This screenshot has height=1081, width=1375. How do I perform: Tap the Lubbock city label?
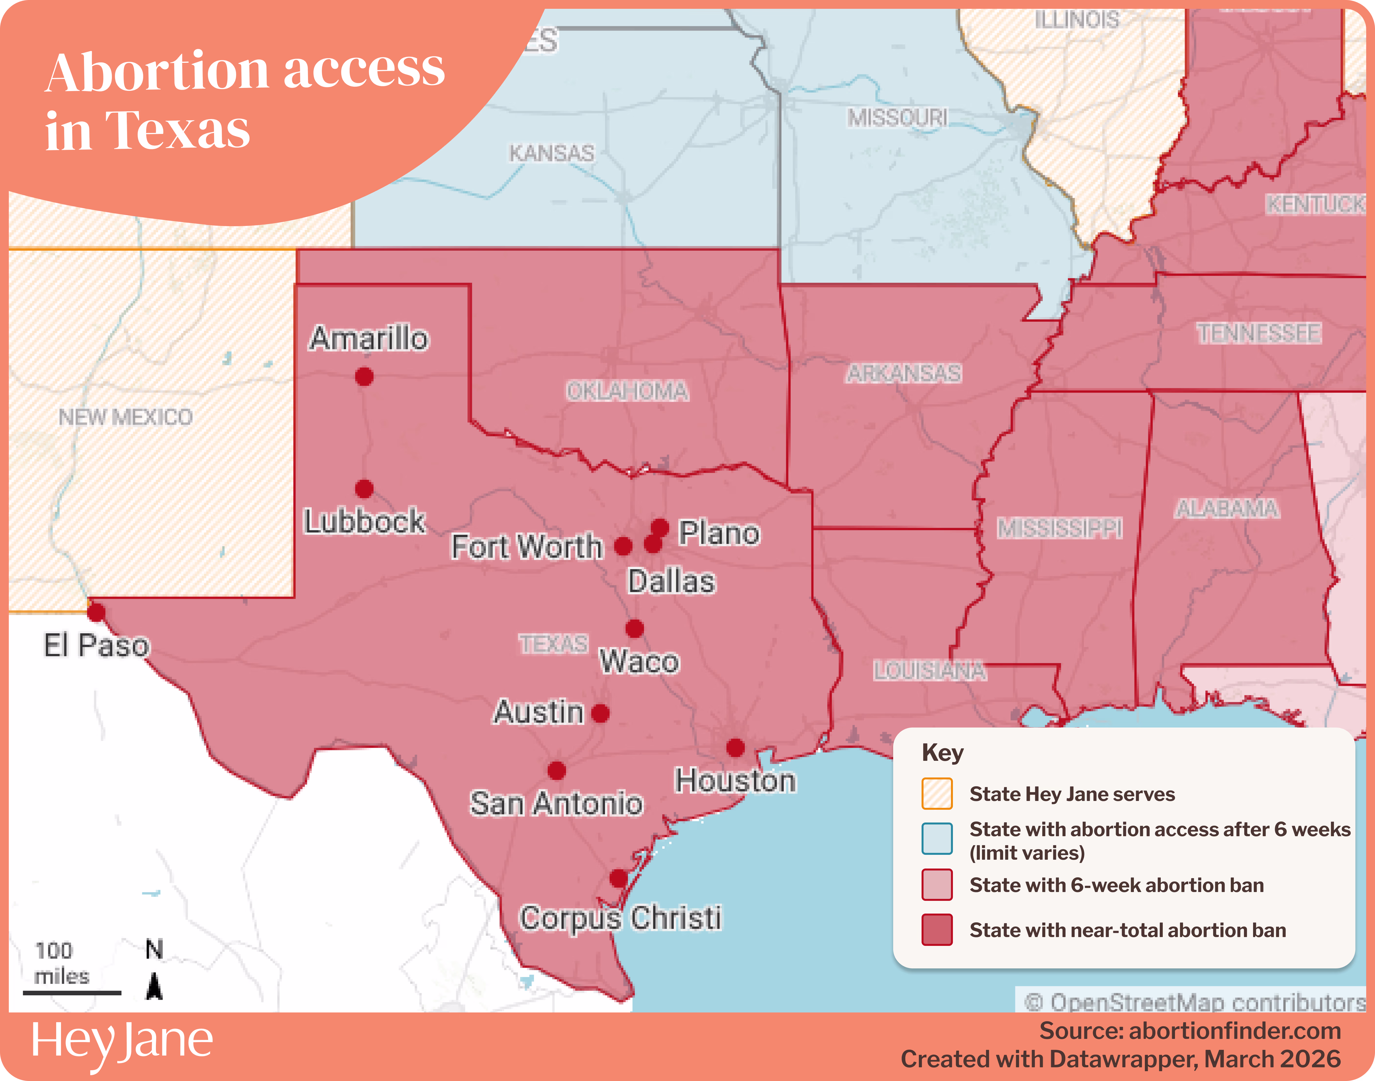tap(365, 521)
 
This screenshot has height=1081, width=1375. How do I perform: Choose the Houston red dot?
tap(735, 748)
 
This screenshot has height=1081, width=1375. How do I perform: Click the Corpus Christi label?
tap(620, 918)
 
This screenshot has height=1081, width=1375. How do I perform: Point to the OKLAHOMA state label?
tap(627, 391)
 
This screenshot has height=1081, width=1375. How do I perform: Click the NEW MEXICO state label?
tap(125, 417)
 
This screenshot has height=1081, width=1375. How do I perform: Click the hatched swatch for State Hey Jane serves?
tap(937, 794)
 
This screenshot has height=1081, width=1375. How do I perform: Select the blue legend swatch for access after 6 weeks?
tap(937, 839)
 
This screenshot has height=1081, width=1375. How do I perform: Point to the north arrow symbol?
tap(154, 986)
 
